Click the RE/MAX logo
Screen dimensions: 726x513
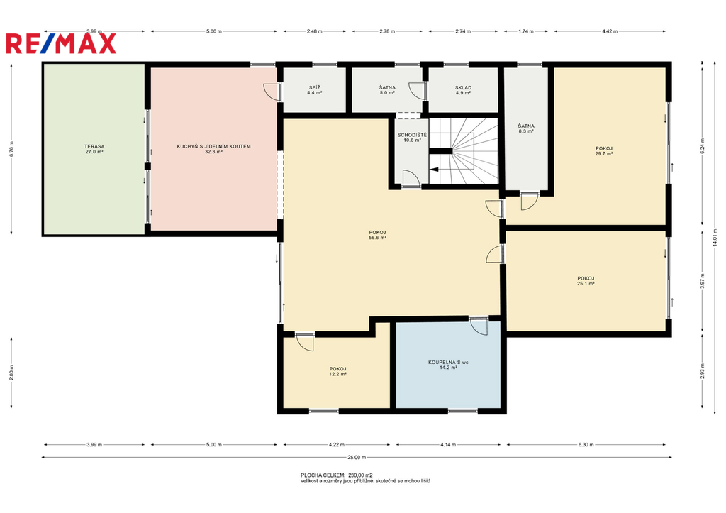click(61, 43)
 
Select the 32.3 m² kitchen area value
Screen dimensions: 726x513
click(213, 152)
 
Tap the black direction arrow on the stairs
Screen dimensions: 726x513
click(434, 170)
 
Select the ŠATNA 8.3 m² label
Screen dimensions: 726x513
click(526, 128)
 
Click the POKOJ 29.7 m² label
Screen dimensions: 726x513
click(604, 151)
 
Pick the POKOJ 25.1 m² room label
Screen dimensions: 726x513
click(586, 281)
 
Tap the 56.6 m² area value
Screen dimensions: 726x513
click(377, 237)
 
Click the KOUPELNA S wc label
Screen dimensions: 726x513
click(448, 362)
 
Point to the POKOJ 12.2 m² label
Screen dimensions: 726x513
click(337, 371)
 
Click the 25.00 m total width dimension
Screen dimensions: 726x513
click(357, 458)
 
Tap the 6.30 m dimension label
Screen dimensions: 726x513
click(586, 444)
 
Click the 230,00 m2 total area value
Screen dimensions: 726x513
click(360, 475)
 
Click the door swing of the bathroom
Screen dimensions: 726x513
click(479, 326)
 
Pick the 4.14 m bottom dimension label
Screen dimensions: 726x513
click(448, 444)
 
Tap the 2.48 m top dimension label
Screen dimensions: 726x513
click(314, 31)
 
